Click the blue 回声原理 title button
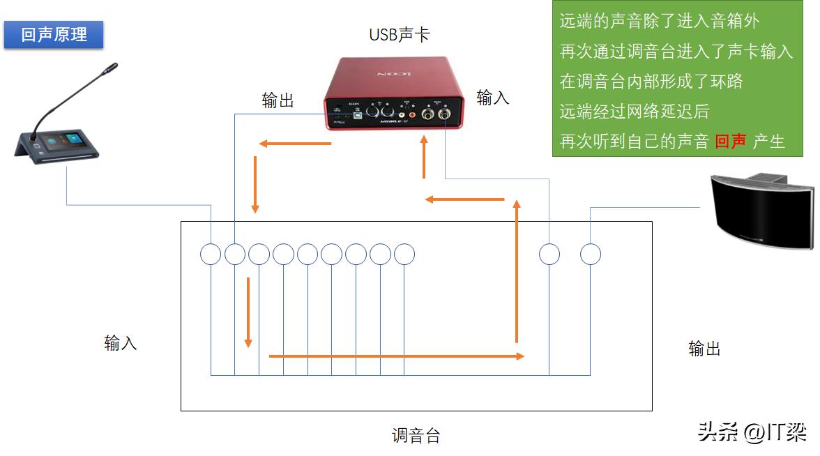pyautogui.click(x=54, y=34)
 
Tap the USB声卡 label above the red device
pyautogui.click(x=399, y=33)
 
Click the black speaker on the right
pyautogui.click(x=762, y=209)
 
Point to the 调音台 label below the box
pyautogui.click(x=416, y=436)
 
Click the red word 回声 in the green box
pyautogui.click(x=731, y=142)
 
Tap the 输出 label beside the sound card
pyautogui.click(x=278, y=100)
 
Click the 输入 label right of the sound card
pyautogui.click(x=492, y=98)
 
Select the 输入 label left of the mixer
pyautogui.click(x=120, y=342)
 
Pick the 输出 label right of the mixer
pyautogui.click(x=704, y=349)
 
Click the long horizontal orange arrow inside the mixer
pyautogui.click(x=396, y=356)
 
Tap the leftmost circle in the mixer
pyautogui.click(x=211, y=254)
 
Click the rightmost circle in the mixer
pyautogui.click(x=591, y=254)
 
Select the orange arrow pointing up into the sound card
pyautogui.click(x=423, y=158)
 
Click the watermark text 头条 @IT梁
pyautogui.click(x=752, y=432)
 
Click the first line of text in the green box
pyautogui.click(x=659, y=21)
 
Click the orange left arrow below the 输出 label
pyautogui.click(x=295, y=144)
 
